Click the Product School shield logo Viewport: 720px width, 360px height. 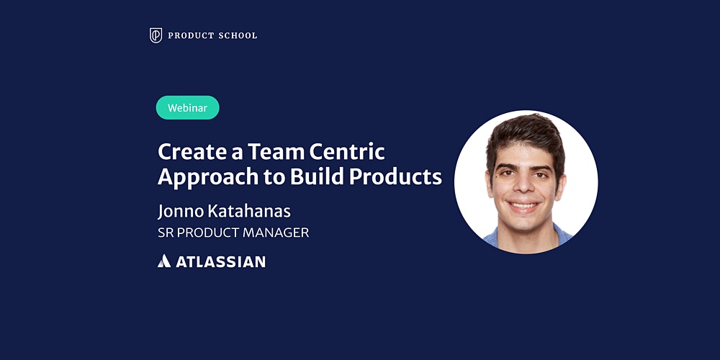pos(156,35)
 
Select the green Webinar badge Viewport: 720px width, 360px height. pos(187,108)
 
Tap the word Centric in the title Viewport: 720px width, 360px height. pos(347,152)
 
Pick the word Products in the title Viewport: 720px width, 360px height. pos(395,177)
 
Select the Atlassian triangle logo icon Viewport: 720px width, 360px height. pos(164,261)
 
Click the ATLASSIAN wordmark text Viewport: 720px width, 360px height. pos(220,262)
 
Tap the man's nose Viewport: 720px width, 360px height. pos(524,186)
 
